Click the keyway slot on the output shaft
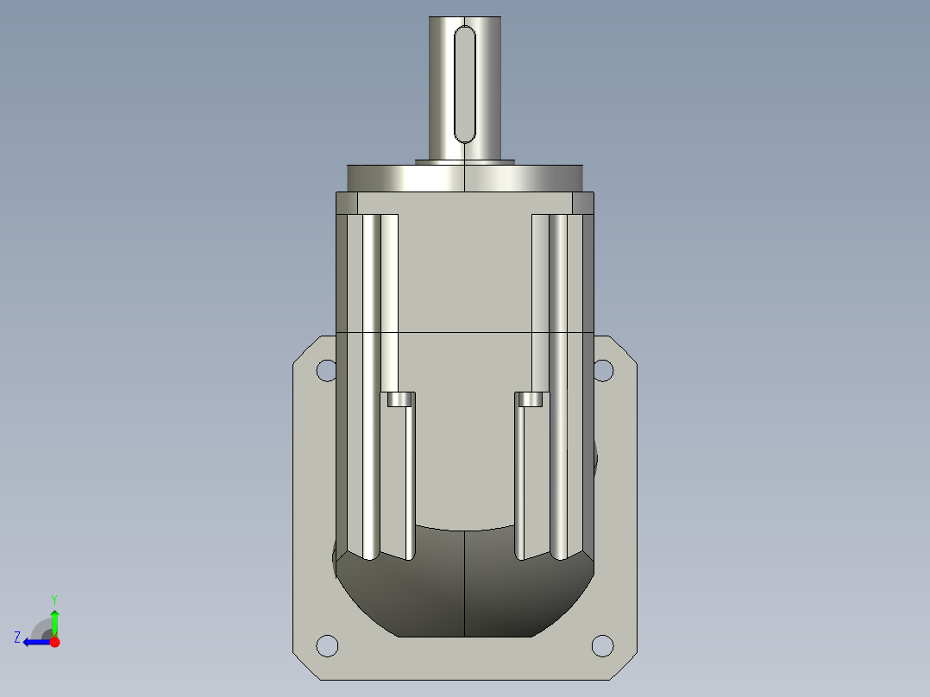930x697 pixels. pos(465,83)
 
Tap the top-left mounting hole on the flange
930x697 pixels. pos(326,370)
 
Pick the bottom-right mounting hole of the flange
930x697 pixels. pos(603,645)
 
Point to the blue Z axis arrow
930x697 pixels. pos(33,642)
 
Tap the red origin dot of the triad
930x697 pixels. pos(54,642)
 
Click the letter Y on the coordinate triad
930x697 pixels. pos(54,599)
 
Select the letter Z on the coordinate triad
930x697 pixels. pos(17,637)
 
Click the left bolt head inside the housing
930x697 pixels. pos(399,399)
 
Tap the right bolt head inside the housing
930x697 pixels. pos(531,399)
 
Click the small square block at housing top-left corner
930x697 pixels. pos(346,204)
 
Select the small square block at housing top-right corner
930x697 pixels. pos(583,204)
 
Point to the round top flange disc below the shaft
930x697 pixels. pos(465,179)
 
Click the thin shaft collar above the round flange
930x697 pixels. pos(465,160)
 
